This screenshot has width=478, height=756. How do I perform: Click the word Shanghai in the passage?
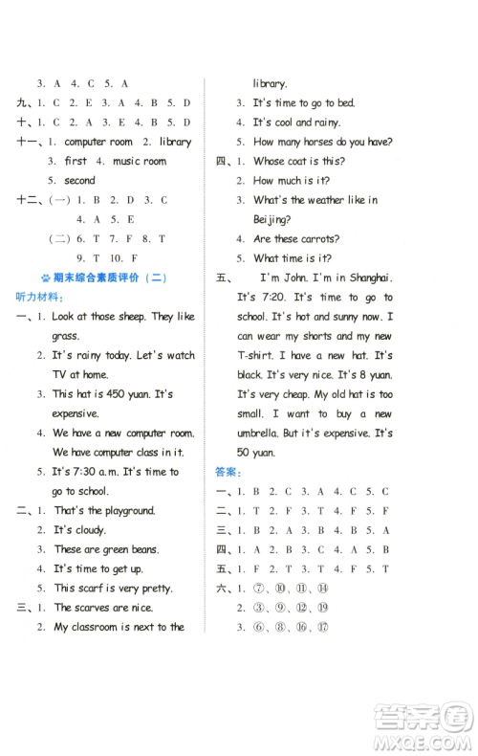[x=365, y=278]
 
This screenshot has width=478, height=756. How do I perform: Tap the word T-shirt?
[x=260, y=355]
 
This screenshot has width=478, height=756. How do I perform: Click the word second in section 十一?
[x=79, y=180]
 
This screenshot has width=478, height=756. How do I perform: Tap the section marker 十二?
[x=28, y=200]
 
